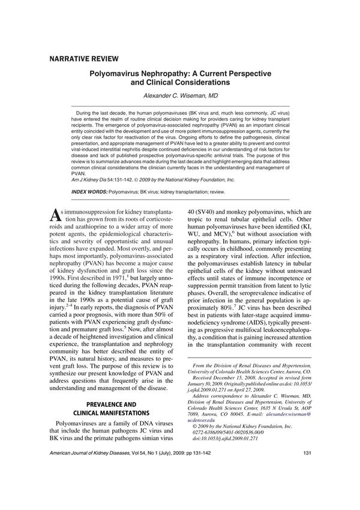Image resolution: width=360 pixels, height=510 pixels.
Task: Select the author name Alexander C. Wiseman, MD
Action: pyautogui.click(x=180, y=96)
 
